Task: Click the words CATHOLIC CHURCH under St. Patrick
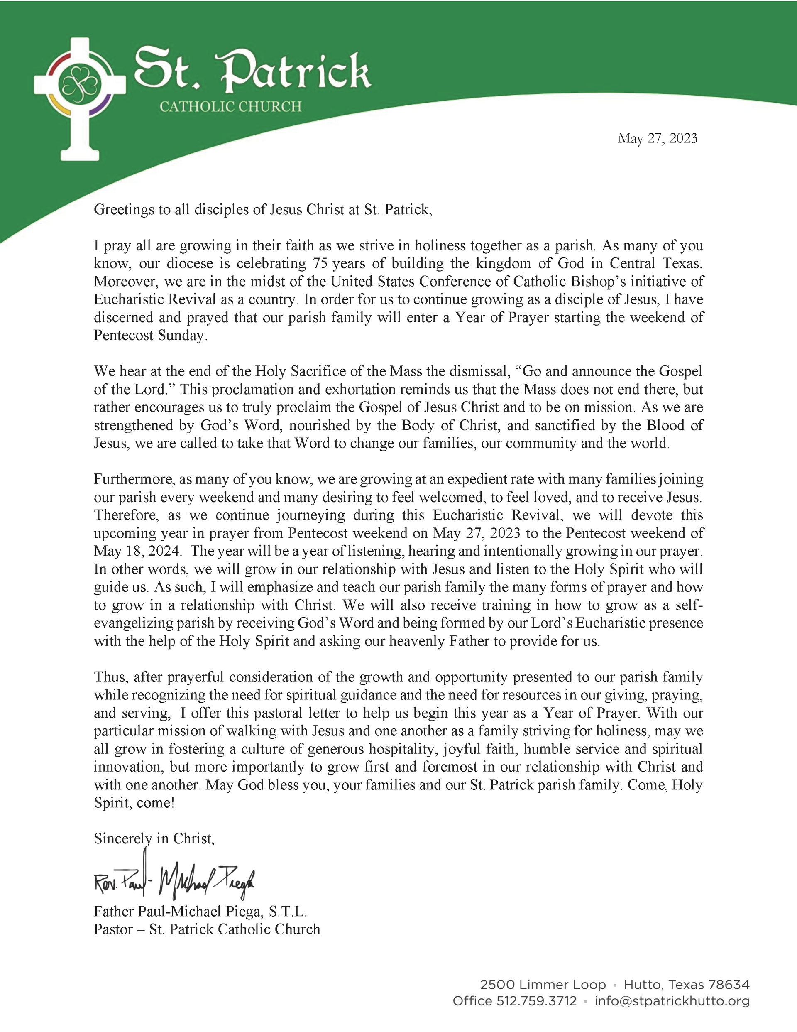[230, 107]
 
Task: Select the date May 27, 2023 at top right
[657, 138]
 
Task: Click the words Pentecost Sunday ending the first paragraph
[150, 336]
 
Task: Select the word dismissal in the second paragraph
[476, 371]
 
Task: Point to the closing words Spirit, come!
[134, 803]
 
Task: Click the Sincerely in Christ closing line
[154, 839]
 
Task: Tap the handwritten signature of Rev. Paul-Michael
[174, 879]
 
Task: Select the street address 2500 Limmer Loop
[543, 985]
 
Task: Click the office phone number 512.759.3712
[536, 1001]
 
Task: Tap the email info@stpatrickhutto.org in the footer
[672, 1001]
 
